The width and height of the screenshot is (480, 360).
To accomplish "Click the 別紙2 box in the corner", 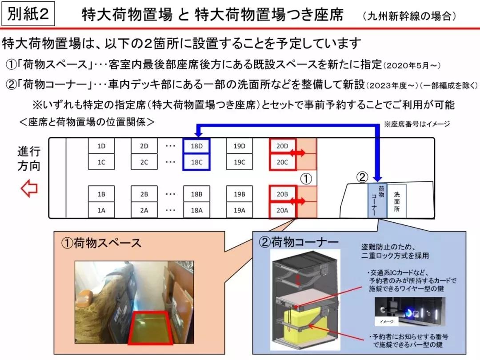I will point(29,14).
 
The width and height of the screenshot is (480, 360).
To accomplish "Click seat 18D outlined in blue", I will point(196,146).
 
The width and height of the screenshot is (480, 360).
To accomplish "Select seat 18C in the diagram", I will point(196,162).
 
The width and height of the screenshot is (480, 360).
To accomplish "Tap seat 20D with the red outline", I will point(282,146).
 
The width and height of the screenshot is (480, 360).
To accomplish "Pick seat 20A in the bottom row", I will point(282,211).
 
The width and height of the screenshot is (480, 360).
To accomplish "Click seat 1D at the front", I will point(101,146).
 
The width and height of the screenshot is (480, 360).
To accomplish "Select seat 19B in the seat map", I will point(240,194).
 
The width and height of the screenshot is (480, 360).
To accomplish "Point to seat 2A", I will point(144,211).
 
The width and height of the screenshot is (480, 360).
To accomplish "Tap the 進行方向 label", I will point(29,159).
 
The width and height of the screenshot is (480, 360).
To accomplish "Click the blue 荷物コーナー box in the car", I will point(377,200).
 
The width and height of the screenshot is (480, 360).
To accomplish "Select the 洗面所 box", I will point(397,200).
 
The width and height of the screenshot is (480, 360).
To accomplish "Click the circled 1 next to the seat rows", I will point(307,179).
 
